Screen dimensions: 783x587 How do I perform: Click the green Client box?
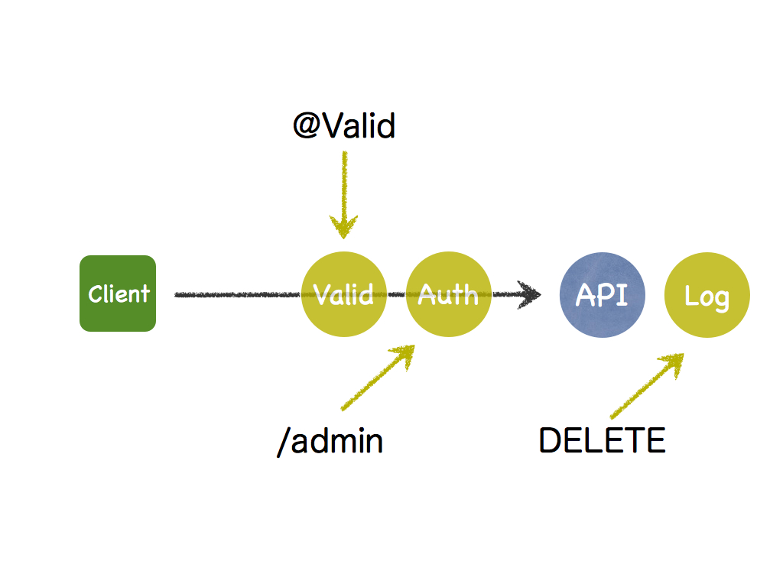(x=118, y=293)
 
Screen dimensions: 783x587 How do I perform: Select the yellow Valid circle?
(x=344, y=294)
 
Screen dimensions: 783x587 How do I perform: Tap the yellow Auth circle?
(x=448, y=294)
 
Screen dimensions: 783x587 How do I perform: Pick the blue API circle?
(x=603, y=295)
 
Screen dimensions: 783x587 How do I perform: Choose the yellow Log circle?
(x=707, y=295)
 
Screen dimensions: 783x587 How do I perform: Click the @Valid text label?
(x=344, y=125)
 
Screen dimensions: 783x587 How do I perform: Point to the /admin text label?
(x=330, y=441)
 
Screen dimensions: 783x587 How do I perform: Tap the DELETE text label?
(x=603, y=440)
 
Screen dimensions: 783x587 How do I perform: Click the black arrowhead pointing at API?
(x=529, y=294)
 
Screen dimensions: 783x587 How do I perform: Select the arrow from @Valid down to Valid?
(x=344, y=195)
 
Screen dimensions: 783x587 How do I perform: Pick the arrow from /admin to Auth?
(x=378, y=378)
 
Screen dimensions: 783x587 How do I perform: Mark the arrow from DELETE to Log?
(x=647, y=386)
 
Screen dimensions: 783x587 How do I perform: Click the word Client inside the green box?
(x=119, y=293)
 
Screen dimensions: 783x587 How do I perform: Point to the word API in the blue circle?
(x=602, y=294)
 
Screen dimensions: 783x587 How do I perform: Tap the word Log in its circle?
(x=707, y=297)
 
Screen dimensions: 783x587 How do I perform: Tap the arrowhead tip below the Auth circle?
(x=414, y=345)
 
